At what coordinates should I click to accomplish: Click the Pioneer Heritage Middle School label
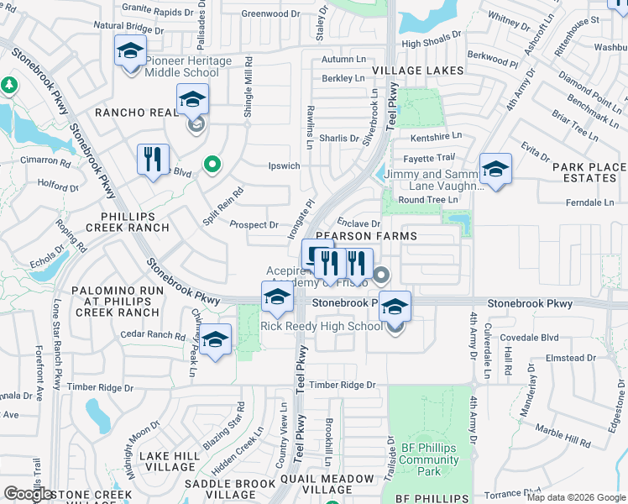(x=182, y=66)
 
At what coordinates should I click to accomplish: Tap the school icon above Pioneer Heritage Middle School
(x=130, y=53)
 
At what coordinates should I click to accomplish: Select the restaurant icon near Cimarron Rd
(x=153, y=158)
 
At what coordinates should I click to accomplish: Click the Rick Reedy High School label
(x=322, y=326)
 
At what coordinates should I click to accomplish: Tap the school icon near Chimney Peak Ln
(x=216, y=339)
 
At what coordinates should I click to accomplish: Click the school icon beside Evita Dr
(x=495, y=168)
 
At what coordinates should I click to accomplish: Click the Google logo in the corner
(x=29, y=494)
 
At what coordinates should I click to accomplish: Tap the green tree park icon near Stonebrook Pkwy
(x=10, y=85)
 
